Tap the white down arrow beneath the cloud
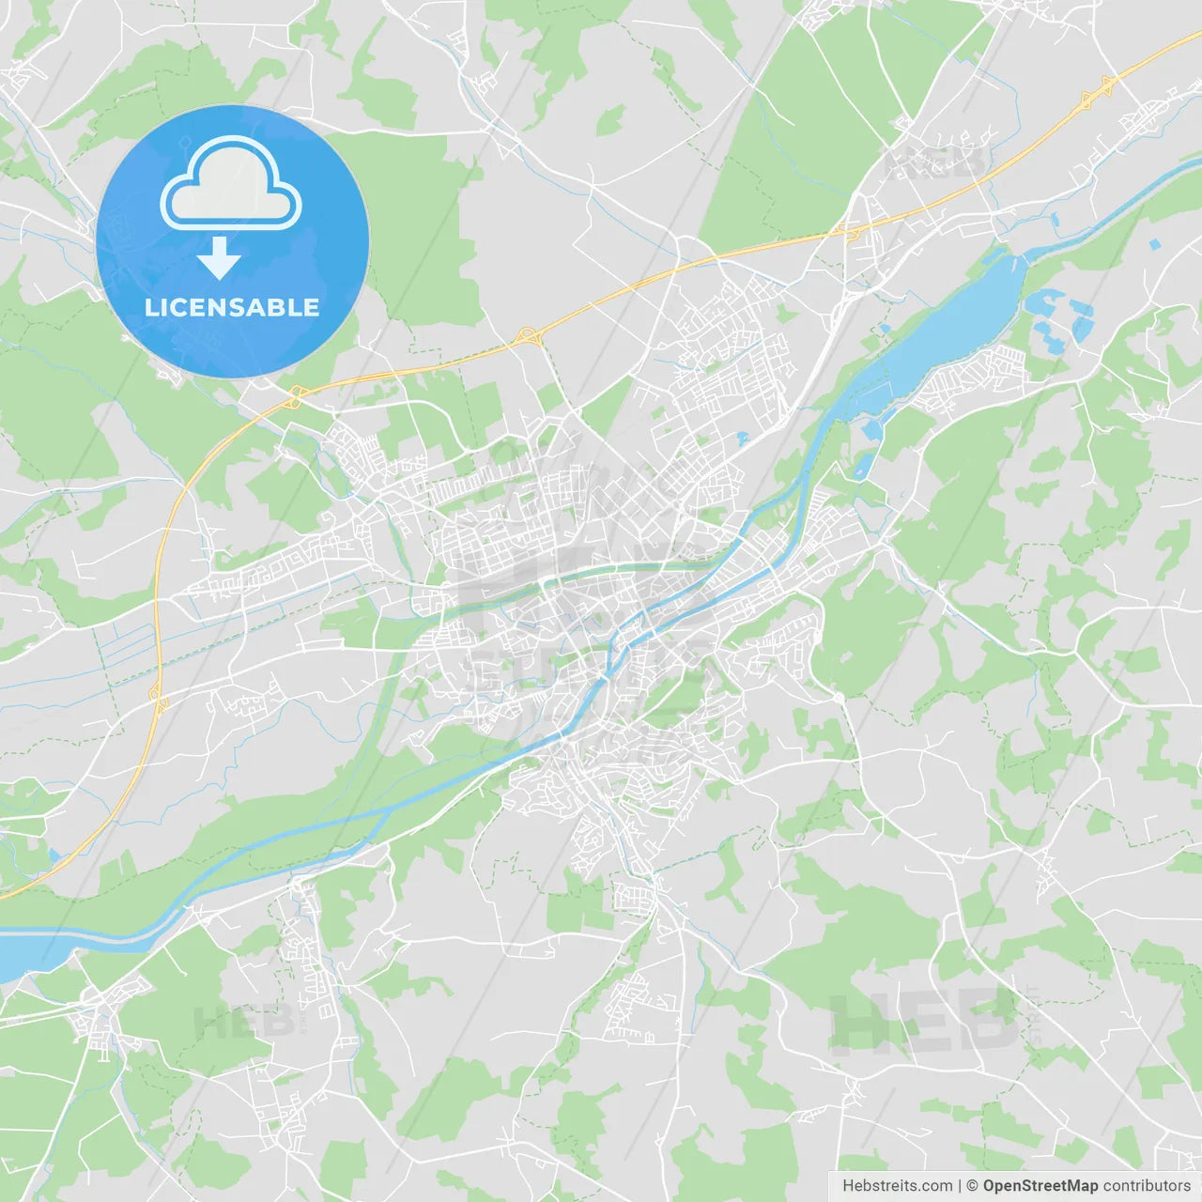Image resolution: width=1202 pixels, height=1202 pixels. coord(219,258)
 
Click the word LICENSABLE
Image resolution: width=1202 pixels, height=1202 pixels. coord(232,307)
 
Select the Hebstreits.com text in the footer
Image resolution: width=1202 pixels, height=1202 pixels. coord(897,1186)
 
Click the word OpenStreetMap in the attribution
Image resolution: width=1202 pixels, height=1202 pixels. coord(1040,1186)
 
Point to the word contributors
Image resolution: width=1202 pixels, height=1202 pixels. coord(1147,1186)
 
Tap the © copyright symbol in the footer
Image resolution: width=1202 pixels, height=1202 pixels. coord(972,1186)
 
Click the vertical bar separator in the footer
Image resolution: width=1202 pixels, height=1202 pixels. coord(960,1186)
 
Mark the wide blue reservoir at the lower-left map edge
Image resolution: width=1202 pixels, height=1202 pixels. coord(23,953)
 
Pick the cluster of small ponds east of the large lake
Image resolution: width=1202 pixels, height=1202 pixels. coord(1061,315)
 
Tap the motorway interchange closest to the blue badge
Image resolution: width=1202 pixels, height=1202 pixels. coord(295,399)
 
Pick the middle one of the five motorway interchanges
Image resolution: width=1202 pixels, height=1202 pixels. coord(525,335)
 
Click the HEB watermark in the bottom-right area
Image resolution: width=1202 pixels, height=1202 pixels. coord(925,1019)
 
